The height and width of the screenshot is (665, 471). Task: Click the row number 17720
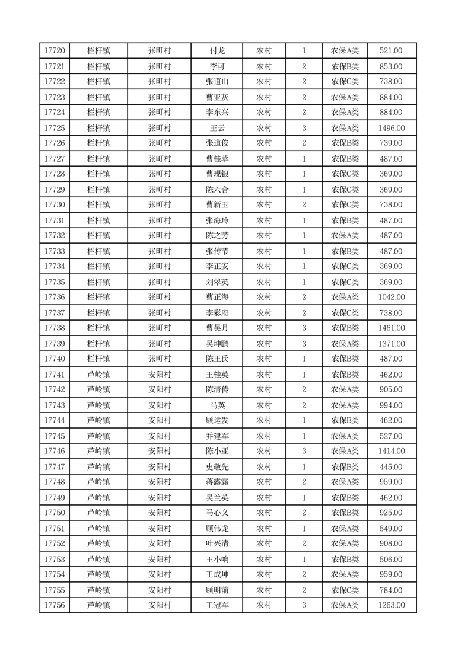click(x=55, y=51)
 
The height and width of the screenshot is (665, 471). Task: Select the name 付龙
click(x=217, y=51)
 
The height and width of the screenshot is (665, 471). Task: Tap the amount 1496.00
click(x=391, y=128)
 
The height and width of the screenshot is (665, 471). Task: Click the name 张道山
click(x=217, y=82)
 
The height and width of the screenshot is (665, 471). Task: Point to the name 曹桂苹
click(x=217, y=159)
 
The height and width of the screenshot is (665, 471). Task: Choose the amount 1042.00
click(x=391, y=297)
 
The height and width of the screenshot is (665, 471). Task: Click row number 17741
click(x=55, y=375)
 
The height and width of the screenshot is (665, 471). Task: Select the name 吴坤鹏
click(x=217, y=344)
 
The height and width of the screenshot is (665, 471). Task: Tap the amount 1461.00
click(x=391, y=328)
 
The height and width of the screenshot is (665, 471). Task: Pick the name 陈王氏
click(x=217, y=359)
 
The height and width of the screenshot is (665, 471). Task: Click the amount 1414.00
click(x=391, y=451)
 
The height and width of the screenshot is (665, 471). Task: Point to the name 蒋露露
click(x=217, y=482)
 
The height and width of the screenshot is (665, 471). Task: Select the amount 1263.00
click(x=391, y=605)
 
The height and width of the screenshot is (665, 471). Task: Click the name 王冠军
click(x=217, y=605)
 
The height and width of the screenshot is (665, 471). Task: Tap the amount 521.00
click(x=391, y=51)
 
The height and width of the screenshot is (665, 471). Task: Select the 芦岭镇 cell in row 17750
click(x=98, y=513)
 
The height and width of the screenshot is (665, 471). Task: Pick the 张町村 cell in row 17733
click(x=160, y=251)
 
